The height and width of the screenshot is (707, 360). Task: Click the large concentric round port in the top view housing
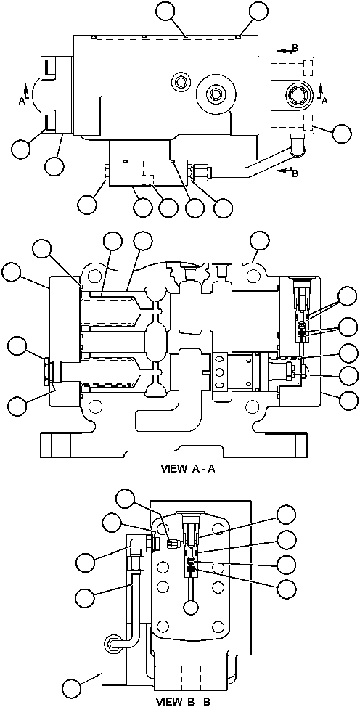[216, 93]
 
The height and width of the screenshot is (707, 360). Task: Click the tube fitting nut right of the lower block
[199, 173]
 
